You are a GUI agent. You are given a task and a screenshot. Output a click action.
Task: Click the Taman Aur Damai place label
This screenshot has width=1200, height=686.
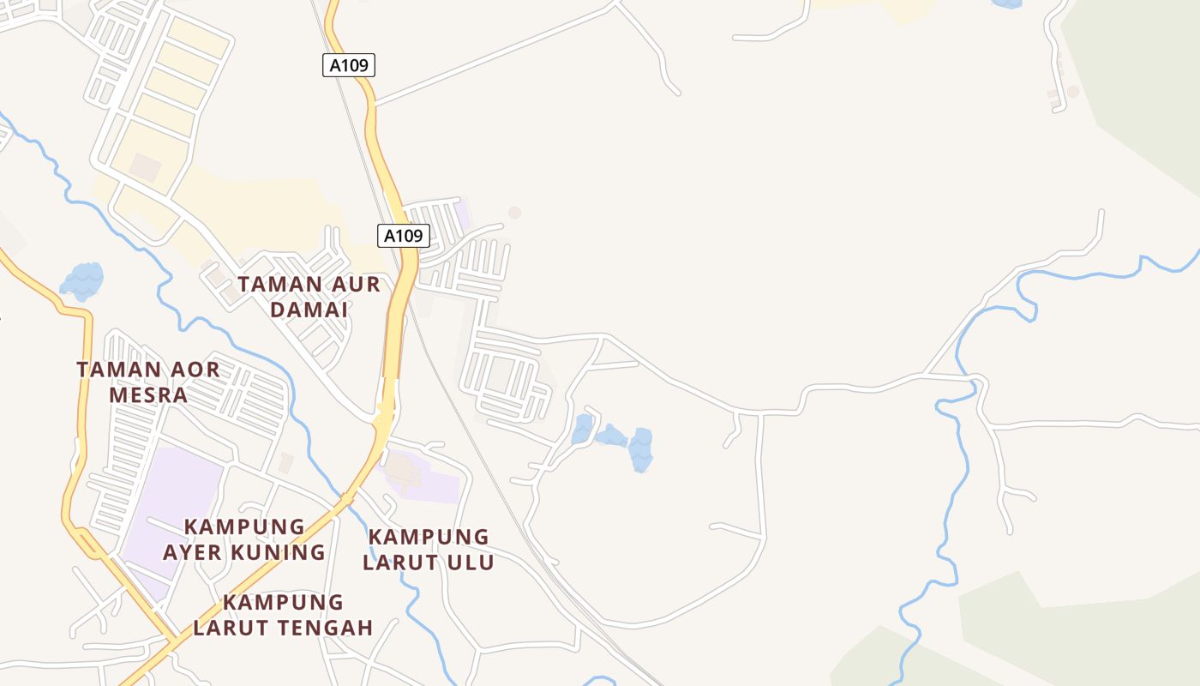point(309,296)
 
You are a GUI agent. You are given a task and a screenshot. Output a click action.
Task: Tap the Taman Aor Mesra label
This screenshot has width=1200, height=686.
point(147,382)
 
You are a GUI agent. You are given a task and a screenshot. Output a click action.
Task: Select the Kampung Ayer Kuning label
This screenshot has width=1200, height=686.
point(244,539)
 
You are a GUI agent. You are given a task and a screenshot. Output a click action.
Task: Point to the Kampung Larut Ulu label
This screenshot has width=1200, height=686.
point(429,550)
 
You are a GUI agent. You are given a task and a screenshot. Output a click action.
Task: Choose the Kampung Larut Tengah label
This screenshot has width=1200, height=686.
point(283,615)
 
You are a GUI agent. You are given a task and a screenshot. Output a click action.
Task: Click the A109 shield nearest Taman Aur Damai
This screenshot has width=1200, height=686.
point(403,236)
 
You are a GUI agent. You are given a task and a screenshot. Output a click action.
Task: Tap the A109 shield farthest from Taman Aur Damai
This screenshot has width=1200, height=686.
point(349,65)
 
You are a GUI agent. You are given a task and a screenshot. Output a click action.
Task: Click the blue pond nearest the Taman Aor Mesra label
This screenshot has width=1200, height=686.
point(82,280)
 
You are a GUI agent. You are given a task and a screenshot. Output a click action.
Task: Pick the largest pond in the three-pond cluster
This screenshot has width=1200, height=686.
point(640,448)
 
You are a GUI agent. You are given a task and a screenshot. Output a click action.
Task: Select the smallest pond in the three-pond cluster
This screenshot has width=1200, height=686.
point(583,428)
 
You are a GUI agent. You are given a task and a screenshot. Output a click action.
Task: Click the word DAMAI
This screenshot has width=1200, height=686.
point(309,309)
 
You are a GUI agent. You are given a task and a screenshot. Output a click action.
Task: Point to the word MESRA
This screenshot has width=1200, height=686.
point(147,394)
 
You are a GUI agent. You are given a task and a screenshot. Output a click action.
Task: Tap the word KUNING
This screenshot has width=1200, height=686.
point(284,551)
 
